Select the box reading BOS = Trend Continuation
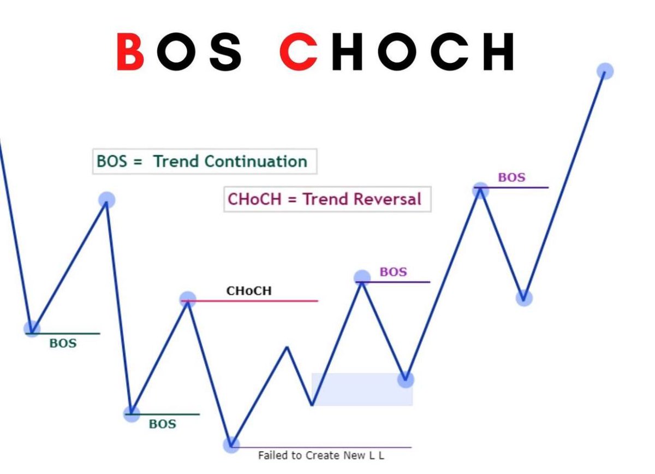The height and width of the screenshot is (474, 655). pos(204,161)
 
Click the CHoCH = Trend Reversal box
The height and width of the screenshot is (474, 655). pos(326,199)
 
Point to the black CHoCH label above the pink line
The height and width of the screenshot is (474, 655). pos(249,291)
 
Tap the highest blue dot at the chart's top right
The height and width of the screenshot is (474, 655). pos(605,71)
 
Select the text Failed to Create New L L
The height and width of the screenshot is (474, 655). pos(321,455)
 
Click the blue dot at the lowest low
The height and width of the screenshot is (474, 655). pos(231,446)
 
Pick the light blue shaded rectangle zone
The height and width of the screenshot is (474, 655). pos(362,389)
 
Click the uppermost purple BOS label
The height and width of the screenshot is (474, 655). pos(511,177)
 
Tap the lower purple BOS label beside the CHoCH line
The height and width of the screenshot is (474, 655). pos(393,272)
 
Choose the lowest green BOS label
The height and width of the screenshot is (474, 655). pos(163,424)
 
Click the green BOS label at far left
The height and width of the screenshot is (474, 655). pos(63,343)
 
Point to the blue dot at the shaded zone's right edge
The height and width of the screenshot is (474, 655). pos(406,378)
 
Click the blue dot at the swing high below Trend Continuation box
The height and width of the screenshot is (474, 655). pos(107,200)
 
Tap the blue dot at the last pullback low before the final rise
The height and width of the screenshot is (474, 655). pos(523,298)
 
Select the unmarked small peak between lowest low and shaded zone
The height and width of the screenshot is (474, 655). pos(287,347)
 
